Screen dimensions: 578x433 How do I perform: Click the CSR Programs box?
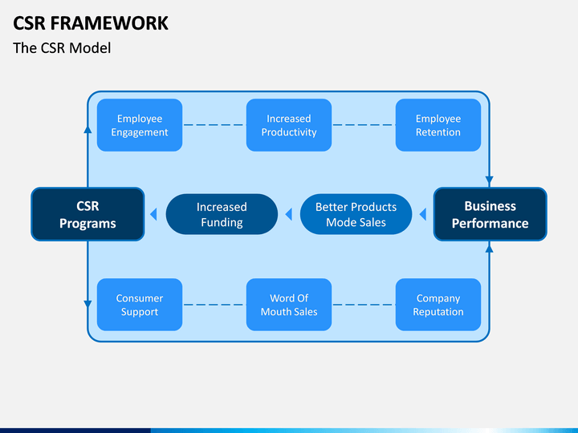[88, 214]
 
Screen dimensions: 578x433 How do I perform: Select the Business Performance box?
[490, 214]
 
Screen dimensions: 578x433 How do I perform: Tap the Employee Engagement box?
[140, 125]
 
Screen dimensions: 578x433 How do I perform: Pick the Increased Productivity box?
[289, 125]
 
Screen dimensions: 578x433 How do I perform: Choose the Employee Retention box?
[438, 125]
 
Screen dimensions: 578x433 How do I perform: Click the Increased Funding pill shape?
[222, 214]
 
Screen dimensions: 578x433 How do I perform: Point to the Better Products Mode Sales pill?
[356, 214]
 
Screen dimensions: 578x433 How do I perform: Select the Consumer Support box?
[140, 305]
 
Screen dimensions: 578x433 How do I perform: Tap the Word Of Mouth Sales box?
[289, 305]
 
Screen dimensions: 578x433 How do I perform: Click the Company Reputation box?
[438, 305]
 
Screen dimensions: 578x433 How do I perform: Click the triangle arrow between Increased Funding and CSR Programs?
[153, 214]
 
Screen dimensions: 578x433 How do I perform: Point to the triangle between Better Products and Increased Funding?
[289, 214]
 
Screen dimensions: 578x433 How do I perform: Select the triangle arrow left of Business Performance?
[423, 214]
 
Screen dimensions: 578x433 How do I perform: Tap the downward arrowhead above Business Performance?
[489, 181]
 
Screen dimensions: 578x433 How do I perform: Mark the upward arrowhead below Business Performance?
[489, 248]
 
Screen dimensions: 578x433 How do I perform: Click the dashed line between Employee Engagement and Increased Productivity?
[214, 125]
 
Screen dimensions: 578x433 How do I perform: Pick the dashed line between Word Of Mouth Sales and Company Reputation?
[364, 305]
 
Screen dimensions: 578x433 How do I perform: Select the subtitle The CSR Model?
[62, 48]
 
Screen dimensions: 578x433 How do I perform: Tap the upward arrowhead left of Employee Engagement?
[88, 129]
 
